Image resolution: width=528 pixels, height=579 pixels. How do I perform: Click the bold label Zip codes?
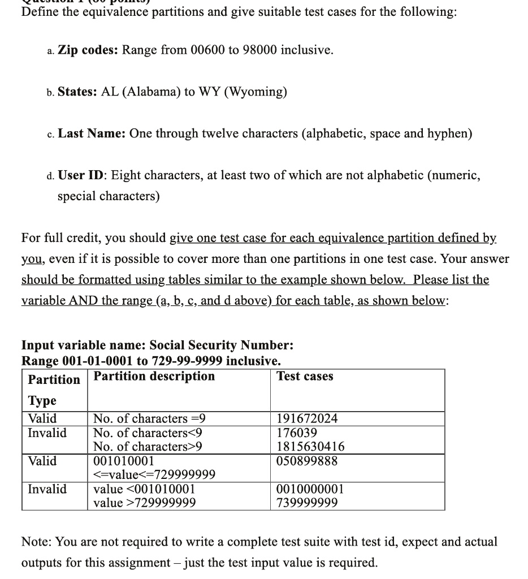pos(88,50)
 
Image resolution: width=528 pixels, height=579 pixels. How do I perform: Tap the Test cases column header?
pos(305,377)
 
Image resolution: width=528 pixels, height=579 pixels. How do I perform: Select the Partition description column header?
pos(154,377)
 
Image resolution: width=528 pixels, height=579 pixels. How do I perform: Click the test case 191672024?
pos(307,419)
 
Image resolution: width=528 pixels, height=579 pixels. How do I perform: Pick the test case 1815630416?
pos(310,447)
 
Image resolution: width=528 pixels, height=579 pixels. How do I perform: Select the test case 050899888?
pos(307,461)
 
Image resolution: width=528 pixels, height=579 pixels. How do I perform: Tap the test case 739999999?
pos(307,503)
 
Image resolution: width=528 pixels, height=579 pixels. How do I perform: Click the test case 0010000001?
pos(310,489)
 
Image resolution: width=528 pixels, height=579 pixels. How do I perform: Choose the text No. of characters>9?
pos(148,447)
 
